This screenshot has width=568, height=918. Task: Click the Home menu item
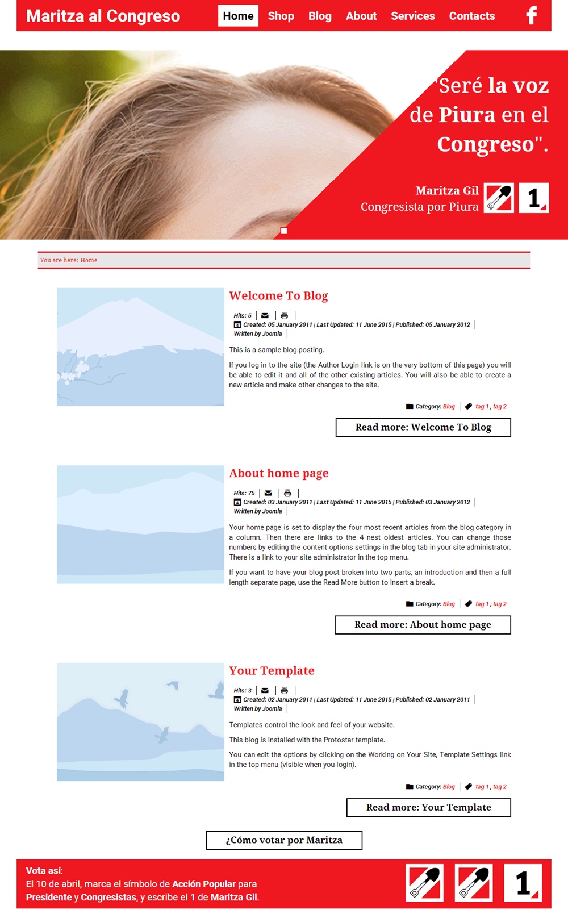(x=238, y=16)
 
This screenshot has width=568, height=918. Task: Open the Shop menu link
(x=281, y=16)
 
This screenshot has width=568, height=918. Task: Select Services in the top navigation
(x=412, y=16)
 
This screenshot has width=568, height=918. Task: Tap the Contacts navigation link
(x=471, y=16)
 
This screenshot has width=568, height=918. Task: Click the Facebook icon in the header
(x=532, y=15)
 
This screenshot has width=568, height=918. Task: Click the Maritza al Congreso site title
(x=103, y=16)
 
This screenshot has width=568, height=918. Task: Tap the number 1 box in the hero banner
(x=533, y=198)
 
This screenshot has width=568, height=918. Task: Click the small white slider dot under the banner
(x=284, y=231)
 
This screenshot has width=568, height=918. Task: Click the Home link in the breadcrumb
(x=89, y=260)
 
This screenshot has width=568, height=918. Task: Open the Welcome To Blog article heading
(x=278, y=295)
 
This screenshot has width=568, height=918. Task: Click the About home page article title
(x=278, y=473)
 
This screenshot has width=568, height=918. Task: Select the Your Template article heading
(x=272, y=670)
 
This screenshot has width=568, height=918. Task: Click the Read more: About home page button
(x=423, y=625)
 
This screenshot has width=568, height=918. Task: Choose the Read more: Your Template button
(x=428, y=807)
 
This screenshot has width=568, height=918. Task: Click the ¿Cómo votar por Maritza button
(x=284, y=840)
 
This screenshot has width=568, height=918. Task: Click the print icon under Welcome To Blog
(x=285, y=315)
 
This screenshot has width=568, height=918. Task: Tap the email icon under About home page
(x=268, y=493)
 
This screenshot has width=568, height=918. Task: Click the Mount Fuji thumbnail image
(x=140, y=347)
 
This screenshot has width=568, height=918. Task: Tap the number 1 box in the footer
(x=523, y=883)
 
